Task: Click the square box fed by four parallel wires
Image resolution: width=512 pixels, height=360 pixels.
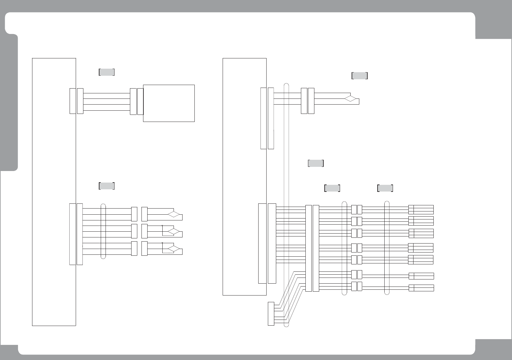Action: click(169, 103)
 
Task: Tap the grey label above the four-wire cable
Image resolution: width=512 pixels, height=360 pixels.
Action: click(107, 72)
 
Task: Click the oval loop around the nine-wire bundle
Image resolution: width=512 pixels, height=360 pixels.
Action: click(103, 231)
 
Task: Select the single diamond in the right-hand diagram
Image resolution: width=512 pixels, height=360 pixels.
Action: click(350, 99)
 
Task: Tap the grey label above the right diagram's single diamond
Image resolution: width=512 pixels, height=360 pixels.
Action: click(360, 76)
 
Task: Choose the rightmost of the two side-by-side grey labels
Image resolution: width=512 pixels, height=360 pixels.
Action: click(385, 188)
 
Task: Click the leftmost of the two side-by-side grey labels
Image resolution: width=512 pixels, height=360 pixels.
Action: click(332, 188)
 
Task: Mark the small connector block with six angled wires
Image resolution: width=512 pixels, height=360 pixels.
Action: click(271, 313)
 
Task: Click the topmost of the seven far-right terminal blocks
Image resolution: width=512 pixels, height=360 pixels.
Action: click(421, 210)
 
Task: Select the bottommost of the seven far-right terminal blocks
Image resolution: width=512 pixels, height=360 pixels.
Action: click(421, 288)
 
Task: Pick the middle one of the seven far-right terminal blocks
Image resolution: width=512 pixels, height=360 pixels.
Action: click(421, 248)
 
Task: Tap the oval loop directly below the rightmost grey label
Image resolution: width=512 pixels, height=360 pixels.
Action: click(387, 248)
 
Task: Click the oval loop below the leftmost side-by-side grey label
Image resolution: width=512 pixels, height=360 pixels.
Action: click(345, 248)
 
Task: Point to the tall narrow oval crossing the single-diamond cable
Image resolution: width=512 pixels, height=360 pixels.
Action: click(287, 205)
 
